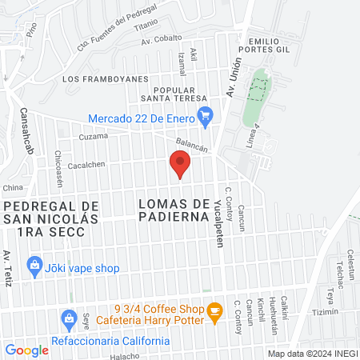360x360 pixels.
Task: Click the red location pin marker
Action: (180, 165)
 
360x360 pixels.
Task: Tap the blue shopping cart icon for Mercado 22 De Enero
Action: (205, 114)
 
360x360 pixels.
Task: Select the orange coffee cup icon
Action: (214, 310)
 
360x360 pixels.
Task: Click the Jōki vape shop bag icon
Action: (34, 263)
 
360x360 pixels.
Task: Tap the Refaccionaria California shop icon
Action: (68, 320)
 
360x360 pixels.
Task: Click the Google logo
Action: (26, 350)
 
